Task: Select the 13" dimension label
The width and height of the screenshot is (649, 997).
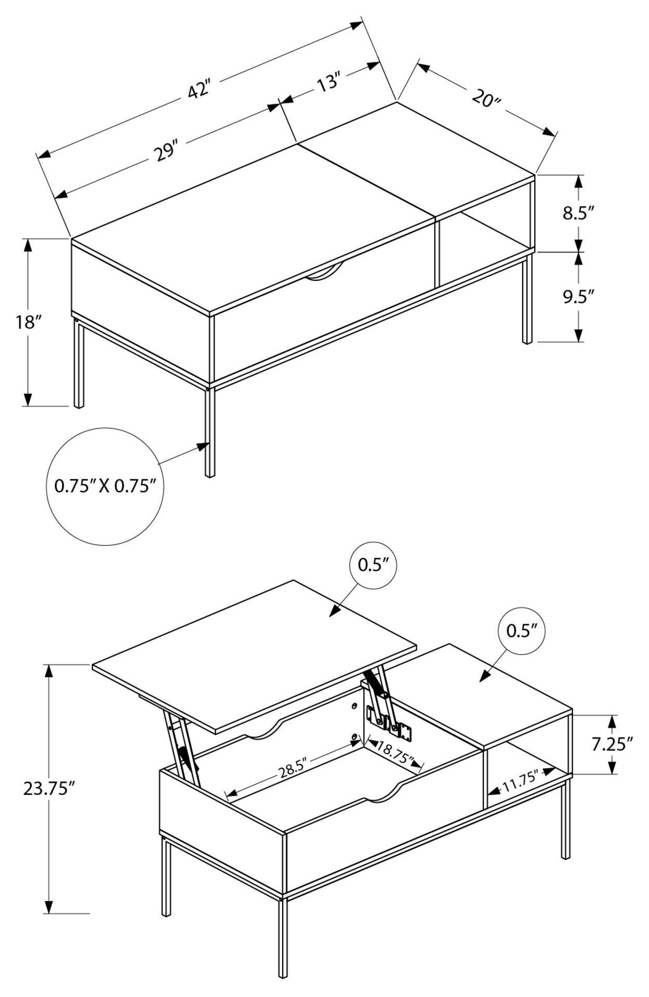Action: (328, 83)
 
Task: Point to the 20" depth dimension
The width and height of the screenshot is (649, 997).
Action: (486, 98)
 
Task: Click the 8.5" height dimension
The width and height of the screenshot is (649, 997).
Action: (578, 213)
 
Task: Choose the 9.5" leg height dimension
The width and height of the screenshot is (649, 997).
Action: (578, 297)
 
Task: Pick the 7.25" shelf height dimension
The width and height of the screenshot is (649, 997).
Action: (612, 744)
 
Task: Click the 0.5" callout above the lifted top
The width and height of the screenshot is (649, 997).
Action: (373, 565)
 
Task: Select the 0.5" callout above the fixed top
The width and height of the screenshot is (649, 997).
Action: (521, 631)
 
